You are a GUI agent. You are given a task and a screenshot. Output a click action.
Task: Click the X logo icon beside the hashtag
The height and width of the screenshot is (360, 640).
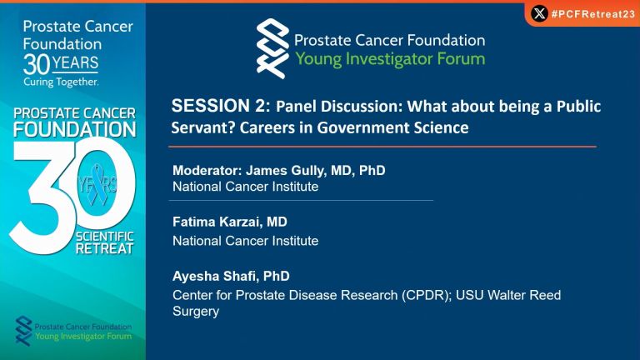click(x=539, y=14)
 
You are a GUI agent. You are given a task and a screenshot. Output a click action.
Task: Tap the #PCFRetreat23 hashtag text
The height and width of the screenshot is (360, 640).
click(x=593, y=14)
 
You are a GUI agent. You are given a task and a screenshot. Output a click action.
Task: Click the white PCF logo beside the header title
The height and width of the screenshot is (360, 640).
click(x=272, y=48)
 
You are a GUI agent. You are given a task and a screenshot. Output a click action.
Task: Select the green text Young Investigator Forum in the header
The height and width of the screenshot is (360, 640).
click(x=390, y=59)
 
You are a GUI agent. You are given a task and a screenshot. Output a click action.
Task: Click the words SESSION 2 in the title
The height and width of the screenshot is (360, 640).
click(x=221, y=106)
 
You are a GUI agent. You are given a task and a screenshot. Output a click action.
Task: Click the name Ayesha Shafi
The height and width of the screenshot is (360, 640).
click(x=215, y=276)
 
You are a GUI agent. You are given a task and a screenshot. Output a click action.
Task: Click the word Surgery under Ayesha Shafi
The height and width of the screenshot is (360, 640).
click(x=196, y=312)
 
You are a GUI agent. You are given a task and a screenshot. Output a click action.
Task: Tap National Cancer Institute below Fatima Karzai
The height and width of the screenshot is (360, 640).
click(x=245, y=241)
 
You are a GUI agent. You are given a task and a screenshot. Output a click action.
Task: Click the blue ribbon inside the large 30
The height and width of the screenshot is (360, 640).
click(x=97, y=184)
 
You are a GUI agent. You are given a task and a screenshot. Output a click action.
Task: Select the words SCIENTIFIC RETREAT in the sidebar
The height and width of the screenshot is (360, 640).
click(x=104, y=242)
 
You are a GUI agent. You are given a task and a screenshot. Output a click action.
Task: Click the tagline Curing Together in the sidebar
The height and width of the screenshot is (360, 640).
click(x=61, y=82)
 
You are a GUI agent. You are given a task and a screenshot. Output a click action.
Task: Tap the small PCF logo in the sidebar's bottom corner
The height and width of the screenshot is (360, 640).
click(x=23, y=331)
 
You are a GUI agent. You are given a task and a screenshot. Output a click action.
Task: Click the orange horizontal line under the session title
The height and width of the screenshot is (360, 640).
click(x=382, y=146)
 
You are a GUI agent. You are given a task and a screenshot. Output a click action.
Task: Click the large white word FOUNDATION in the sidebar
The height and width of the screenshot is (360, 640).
click(x=75, y=130)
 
